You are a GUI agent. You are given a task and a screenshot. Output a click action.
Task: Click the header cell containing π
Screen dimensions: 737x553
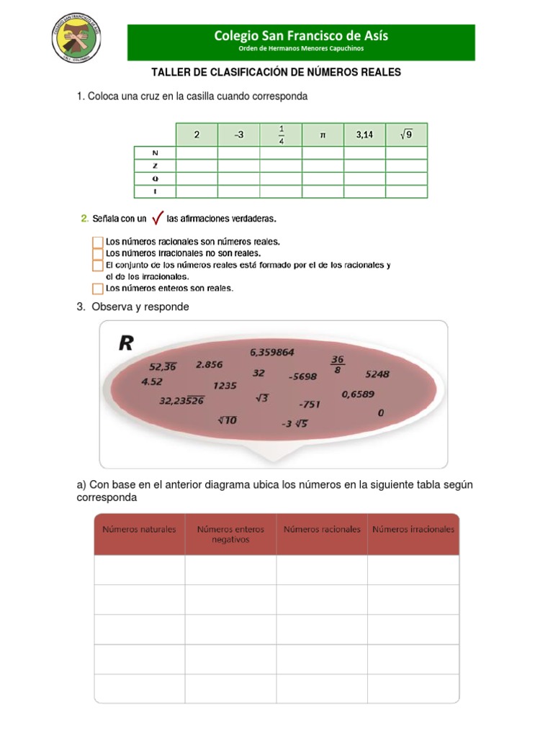pyautogui.click(x=323, y=135)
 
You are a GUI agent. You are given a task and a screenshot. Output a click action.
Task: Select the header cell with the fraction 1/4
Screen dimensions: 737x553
pyautogui.click(x=281, y=135)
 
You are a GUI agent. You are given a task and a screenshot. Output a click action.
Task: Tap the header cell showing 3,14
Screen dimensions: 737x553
pyautogui.click(x=364, y=135)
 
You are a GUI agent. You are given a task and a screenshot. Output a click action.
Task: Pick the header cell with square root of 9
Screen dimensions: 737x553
pyautogui.click(x=406, y=135)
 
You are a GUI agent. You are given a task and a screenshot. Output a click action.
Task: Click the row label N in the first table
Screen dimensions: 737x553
pyautogui.click(x=155, y=153)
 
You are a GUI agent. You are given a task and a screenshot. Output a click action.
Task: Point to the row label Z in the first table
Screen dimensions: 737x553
pyautogui.click(x=155, y=166)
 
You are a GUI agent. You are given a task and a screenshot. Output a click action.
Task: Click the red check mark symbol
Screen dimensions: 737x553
pyautogui.click(x=157, y=218)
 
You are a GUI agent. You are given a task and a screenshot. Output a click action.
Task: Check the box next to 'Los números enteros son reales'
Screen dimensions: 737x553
pyautogui.click(x=98, y=289)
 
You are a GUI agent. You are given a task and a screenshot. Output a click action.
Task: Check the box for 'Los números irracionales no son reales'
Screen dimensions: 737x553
pyautogui.click(x=98, y=253)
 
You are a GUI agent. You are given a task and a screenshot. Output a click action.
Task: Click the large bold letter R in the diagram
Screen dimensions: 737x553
pyautogui.click(x=126, y=343)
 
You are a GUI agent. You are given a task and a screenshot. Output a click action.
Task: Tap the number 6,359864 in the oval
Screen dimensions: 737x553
pyautogui.click(x=272, y=352)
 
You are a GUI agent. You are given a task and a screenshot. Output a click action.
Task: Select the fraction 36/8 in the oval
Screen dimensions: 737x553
pyautogui.click(x=337, y=364)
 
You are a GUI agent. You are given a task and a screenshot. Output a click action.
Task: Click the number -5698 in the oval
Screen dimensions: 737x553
pyautogui.click(x=303, y=376)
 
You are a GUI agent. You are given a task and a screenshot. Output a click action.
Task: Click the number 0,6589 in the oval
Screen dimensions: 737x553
pyautogui.click(x=358, y=394)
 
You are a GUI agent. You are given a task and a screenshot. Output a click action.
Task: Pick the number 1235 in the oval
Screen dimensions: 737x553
pyautogui.click(x=225, y=385)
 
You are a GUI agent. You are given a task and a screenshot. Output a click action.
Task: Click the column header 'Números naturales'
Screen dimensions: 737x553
pyautogui.click(x=139, y=529)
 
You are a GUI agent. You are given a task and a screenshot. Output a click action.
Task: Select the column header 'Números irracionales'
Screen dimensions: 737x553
pyautogui.click(x=413, y=529)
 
